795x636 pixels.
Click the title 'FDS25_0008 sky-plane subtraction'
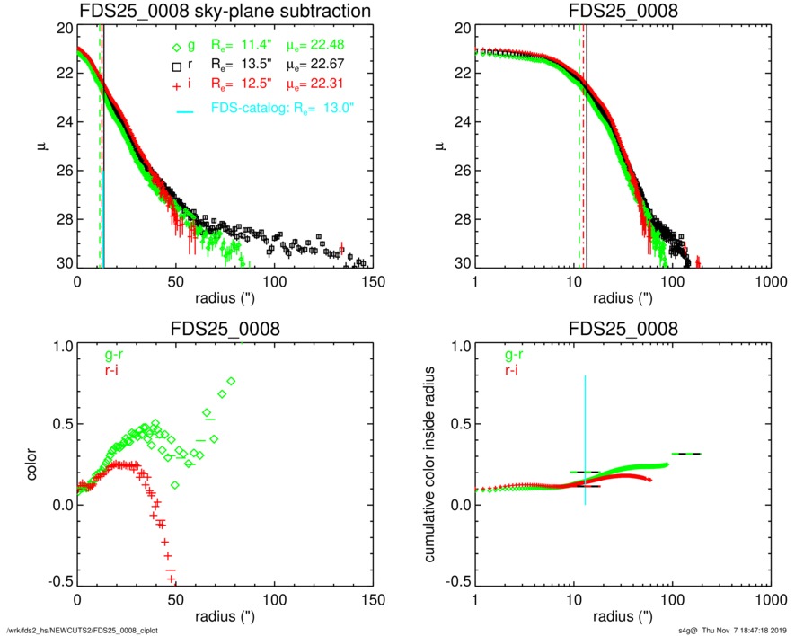tap(225, 11)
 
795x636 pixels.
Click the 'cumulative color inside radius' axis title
tap(431, 464)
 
